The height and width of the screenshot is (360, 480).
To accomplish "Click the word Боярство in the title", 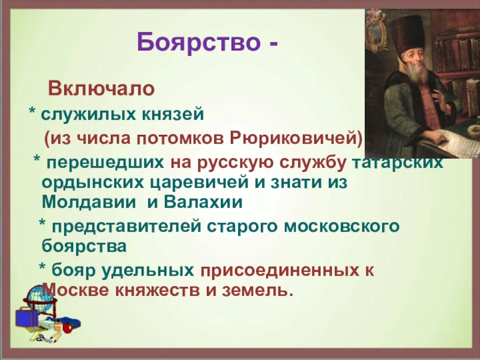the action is tap(199, 43).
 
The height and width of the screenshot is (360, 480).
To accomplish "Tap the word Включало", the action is tap(101, 89).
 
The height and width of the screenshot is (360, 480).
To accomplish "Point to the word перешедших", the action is tap(106, 163).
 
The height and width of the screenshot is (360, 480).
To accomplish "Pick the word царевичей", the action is tap(199, 182).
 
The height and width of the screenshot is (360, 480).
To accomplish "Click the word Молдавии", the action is tap(89, 202).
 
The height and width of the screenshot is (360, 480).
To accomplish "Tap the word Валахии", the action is tap(203, 202).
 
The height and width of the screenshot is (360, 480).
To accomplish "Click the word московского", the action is tap(341, 227).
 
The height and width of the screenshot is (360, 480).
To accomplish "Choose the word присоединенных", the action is tap(280, 271).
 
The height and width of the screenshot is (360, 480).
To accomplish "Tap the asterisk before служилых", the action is tap(32, 111).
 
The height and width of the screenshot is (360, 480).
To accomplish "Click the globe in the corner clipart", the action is tap(38, 295).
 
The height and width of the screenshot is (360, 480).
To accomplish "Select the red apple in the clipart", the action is tap(67, 328).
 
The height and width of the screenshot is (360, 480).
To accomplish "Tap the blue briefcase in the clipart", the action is tap(27, 317).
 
